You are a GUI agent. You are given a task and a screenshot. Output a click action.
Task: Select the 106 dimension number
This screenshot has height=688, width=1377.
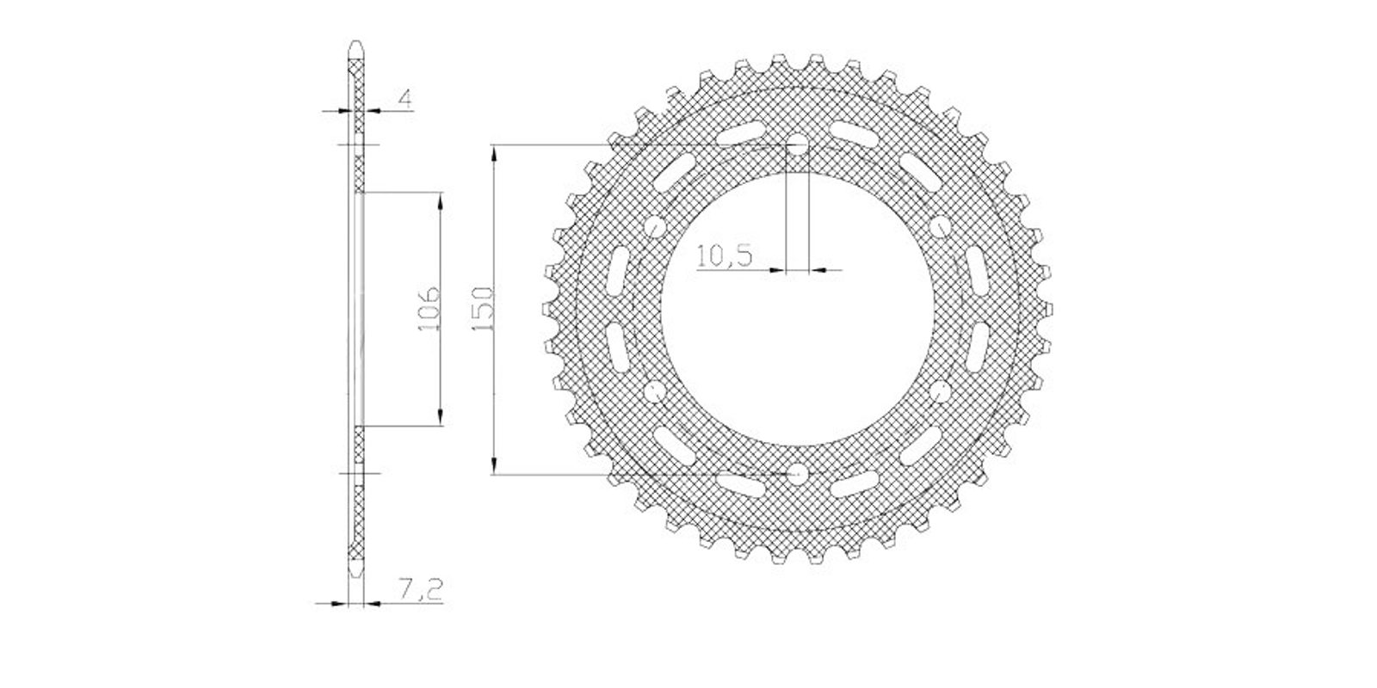point(429,308)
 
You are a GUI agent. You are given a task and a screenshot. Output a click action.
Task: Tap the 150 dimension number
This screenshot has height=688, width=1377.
point(483,309)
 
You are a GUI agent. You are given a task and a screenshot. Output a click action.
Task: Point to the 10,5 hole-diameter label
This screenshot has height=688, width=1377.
point(724,255)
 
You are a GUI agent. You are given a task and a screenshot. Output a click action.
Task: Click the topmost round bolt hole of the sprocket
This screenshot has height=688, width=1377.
point(797,145)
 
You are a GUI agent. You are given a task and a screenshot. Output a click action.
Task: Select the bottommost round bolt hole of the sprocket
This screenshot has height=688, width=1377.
point(797,474)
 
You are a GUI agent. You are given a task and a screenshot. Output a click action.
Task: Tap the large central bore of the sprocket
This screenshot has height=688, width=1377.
point(797,309)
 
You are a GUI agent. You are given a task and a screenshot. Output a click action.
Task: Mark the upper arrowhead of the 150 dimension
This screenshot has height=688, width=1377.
point(493,154)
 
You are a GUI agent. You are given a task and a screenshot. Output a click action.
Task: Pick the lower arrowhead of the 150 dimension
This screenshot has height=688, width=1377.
point(493,465)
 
